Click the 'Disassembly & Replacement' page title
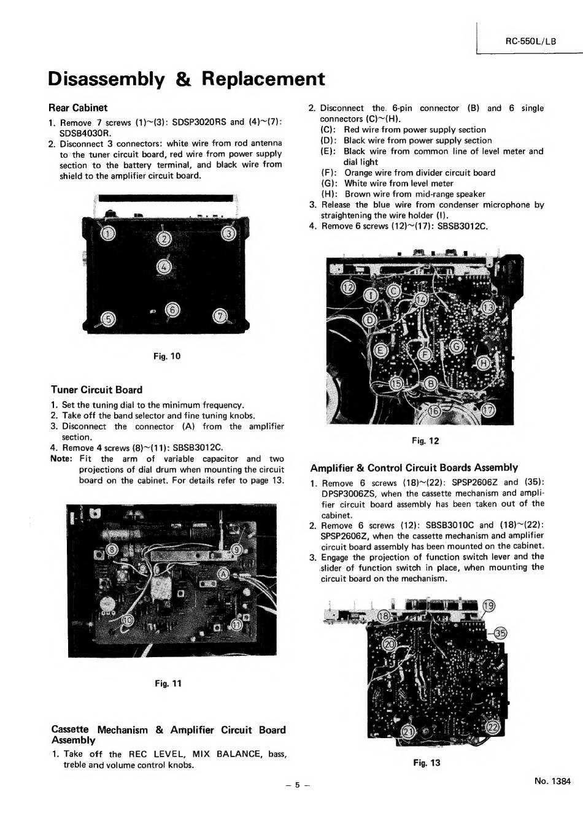(186, 79)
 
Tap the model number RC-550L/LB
(530, 41)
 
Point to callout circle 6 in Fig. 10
(173, 310)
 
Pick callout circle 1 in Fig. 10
(107, 234)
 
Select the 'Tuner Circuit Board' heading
(96, 390)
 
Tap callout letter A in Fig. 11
(223, 574)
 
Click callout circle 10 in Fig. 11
(127, 620)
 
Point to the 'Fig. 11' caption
(169, 683)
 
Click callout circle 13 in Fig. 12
(488, 307)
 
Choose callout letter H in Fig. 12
(484, 363)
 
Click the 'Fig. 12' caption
(425, 441)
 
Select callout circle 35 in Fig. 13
(500, 634)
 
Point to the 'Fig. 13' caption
(427, 763)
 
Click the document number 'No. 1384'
(552, 781)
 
